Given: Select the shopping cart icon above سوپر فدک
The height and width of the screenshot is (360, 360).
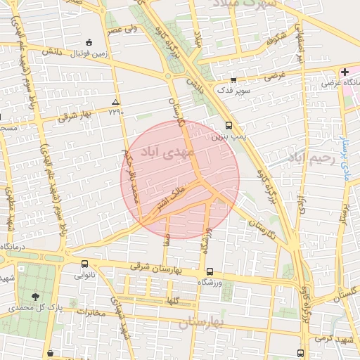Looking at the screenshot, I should point(233,80).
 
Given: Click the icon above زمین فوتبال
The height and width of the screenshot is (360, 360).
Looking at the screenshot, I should point(88,41).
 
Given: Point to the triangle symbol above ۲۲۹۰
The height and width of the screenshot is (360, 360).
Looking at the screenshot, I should point(116,102).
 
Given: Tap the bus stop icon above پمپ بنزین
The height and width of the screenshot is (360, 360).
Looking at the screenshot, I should point(229,126).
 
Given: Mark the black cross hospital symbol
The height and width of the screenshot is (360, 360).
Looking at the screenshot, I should point(345,72).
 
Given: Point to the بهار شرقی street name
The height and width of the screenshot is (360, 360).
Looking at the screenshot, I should point(77,114).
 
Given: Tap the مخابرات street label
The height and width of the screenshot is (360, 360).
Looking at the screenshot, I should point(91,311).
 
